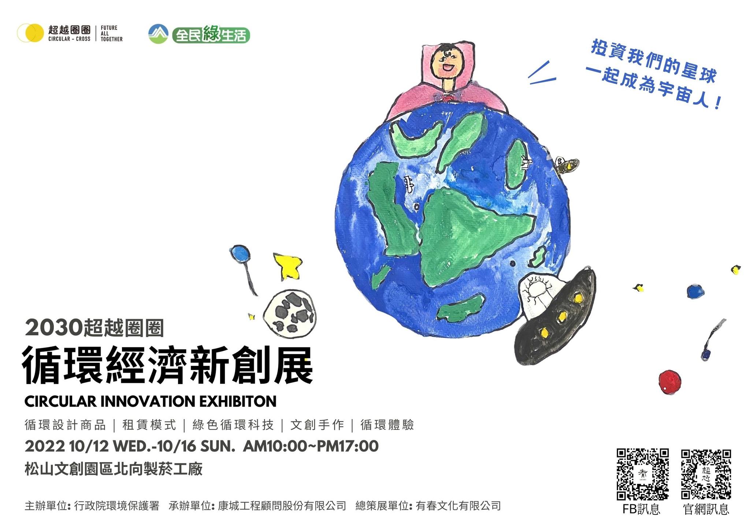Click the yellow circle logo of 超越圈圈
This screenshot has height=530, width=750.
pos(30,33)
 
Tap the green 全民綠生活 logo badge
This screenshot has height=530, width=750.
pos(211,35)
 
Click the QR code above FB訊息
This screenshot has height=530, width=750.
pos(643,474)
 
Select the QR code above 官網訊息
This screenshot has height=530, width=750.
pos(706,474)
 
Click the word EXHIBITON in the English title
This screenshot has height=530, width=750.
pos(238,402)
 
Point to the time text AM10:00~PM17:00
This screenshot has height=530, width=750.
pos(311,446)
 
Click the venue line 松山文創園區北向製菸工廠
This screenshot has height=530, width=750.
pos(114,469)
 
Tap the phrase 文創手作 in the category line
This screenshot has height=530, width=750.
pos(317,425)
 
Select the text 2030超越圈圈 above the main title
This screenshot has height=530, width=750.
pos(94,328)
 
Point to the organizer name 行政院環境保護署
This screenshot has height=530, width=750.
pos(117,506)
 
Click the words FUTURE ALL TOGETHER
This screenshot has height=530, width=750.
pos(111,33)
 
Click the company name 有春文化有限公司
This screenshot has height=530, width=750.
pos(458,506)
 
